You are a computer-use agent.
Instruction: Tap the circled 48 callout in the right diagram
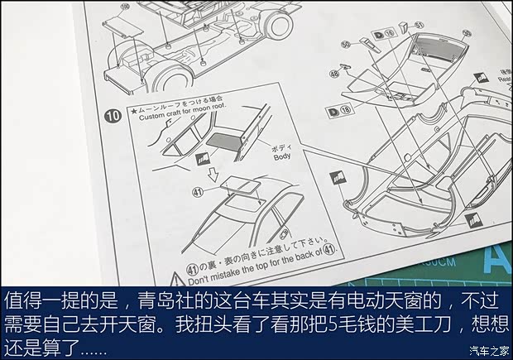(x=335, y=74)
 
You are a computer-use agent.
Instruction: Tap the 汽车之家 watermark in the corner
(x=485, y=348)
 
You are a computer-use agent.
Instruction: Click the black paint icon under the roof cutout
(x=200, y=155)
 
